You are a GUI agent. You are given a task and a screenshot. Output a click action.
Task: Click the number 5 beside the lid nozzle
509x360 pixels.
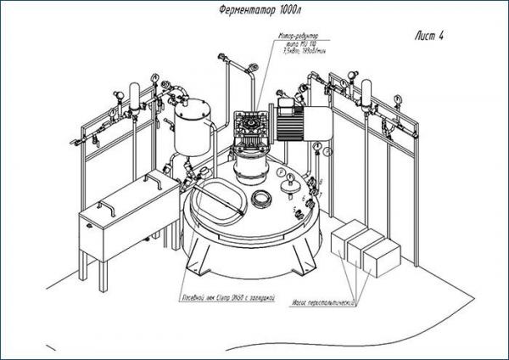[294, 208]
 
